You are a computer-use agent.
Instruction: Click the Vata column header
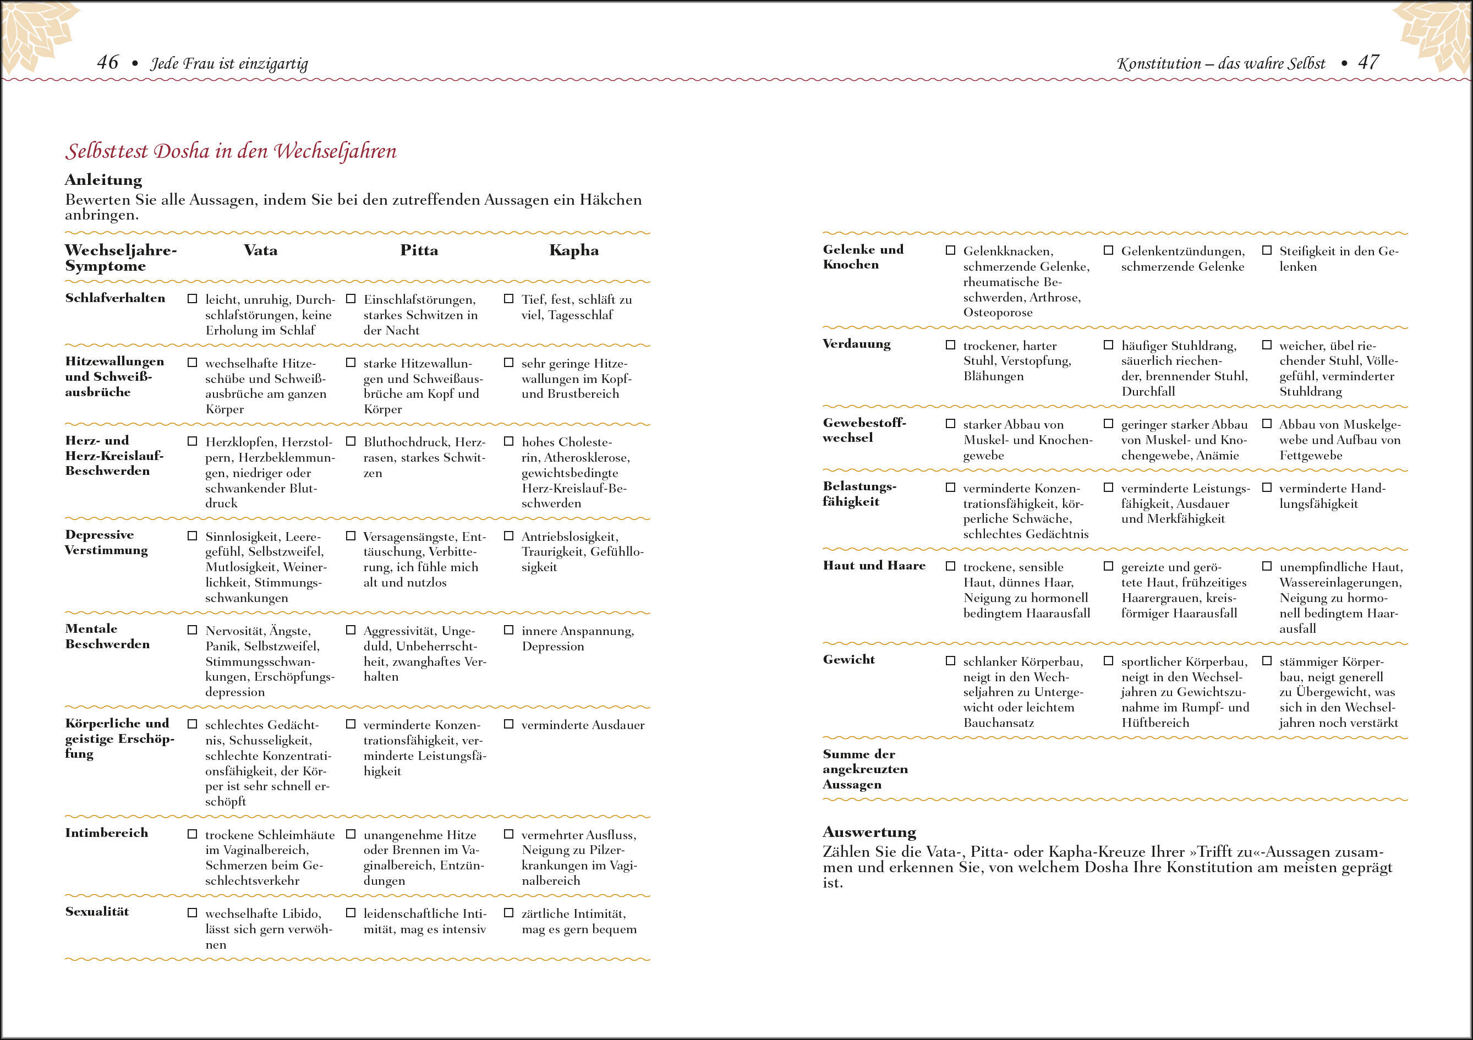260,250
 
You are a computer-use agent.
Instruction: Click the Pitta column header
419,250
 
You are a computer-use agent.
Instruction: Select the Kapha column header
573,250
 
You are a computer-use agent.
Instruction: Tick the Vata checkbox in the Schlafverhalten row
192,299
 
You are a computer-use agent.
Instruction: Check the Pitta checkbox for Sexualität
351,912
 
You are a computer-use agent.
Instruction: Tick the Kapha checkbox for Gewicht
1267,661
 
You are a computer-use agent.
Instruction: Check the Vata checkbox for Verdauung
950,345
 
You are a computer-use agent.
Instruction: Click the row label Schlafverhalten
115,298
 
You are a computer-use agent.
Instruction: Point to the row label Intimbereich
107,833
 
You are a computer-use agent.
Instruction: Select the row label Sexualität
97,912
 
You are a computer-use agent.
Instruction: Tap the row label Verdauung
857,344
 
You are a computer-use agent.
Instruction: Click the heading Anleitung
103,180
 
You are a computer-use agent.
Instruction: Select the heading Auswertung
869,832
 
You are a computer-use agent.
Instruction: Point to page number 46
107,62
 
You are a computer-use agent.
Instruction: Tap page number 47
1368,62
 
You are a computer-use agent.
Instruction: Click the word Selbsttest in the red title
107,151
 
